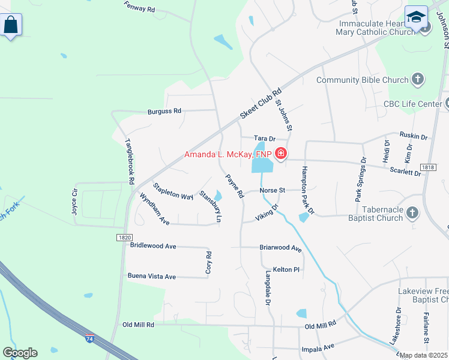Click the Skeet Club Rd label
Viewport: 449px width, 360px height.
pyautogui.click(x=261, y=103)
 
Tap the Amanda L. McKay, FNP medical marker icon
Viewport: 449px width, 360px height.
pyautogui.click(x=280, y=154)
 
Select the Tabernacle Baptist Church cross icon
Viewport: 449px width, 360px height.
pyautogui.click(x=412, y=212)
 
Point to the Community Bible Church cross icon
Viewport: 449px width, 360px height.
pyautogui.click(x=418, y=79)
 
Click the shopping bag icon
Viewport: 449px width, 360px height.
pyautogui.click(x=11, y=25)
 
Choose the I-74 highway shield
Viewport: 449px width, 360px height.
pyautogui.click(x=89, y=339)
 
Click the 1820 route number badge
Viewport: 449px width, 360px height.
pyautogui.click(x=124, y=238)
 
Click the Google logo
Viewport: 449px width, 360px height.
pyautogui.click(x=20, y=353)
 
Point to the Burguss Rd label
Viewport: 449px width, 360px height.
pyautogui.click(x=164, y=111)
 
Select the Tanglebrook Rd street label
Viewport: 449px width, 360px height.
pyautogui.click(x=130, y=161)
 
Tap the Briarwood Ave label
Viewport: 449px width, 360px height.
pyautogui.click(x=280, y=247)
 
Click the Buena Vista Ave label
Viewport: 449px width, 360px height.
pyautogui.click(x=152, y=276)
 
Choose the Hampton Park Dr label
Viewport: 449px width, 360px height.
pyautogui.click(x=307, y=190)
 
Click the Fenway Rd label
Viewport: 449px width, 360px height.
pyautogui.click(x=139, y=8)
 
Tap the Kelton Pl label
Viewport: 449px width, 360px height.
pyautogui.click(x=286, y=269)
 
